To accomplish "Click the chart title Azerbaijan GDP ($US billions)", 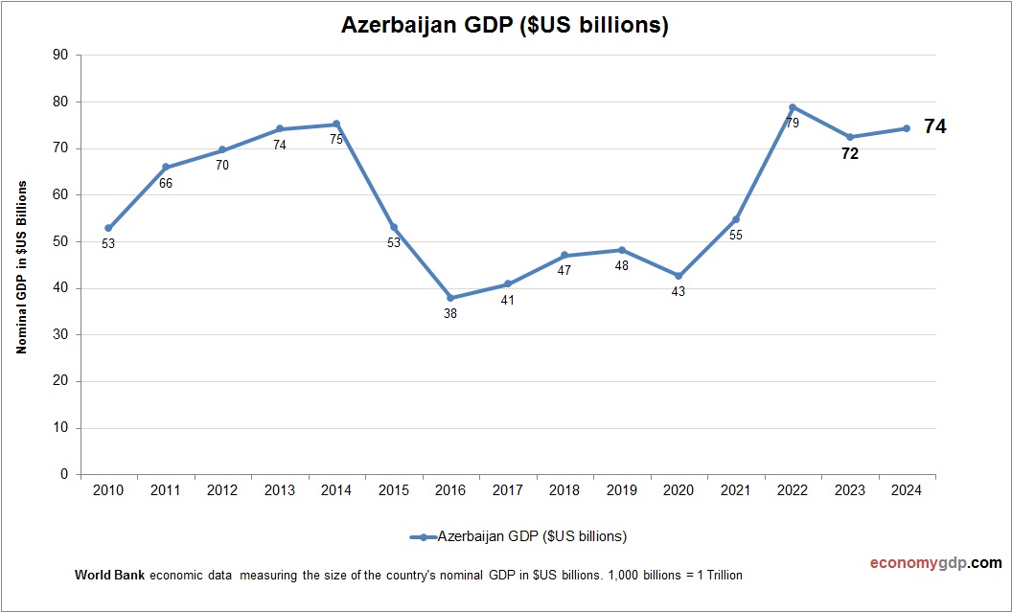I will [505, 26].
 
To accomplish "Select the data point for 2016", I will [450, 298].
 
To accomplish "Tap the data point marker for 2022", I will [793, 107].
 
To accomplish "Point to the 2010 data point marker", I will [108, 228].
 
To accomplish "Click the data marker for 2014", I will [336, 125].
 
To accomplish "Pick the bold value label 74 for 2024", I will [934, 125].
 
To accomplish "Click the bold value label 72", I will [850, 153].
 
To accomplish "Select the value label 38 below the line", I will [450, 314].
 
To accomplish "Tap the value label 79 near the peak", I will [793, 123].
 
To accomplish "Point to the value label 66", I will [166, 183].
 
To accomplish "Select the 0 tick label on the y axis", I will [64, 474].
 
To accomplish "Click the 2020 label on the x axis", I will [678, 490].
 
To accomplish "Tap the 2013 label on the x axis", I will [280, 490].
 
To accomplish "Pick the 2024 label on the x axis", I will [907, 490].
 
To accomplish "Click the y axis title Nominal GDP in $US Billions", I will [21, 267].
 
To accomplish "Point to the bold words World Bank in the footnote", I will [108, 576].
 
